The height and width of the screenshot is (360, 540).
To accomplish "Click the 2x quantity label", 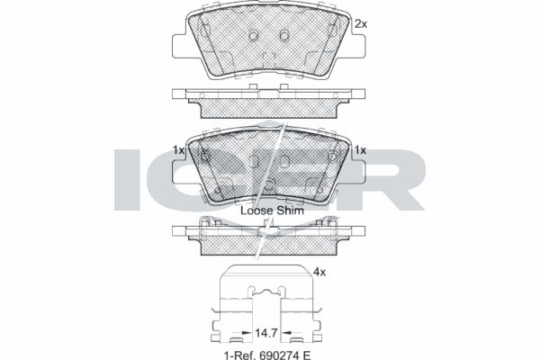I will tap(362, 23).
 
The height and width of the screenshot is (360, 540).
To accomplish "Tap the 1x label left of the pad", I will tap(178, 150).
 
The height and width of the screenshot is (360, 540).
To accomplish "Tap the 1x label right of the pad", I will tap(360, 150).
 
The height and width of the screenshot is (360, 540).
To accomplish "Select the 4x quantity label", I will tap(319, 270).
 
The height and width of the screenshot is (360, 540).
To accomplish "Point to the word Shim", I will tap(291, 210).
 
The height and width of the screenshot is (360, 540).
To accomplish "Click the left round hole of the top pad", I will tap(254, 36).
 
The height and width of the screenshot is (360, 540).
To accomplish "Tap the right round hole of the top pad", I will tap(284, 36).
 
